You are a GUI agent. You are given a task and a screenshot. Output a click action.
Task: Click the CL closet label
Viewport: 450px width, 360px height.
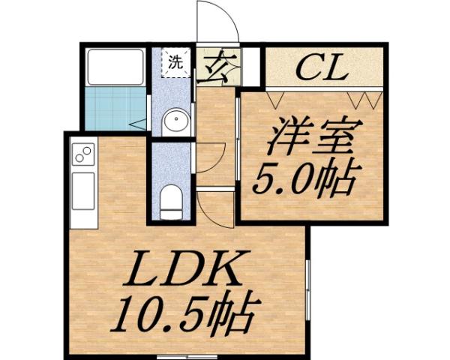coord(320,70)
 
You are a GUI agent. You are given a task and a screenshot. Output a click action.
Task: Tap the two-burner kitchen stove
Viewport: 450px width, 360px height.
coord(82,156)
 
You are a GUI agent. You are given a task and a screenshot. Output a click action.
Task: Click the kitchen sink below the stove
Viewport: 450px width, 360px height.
coord(82,190)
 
